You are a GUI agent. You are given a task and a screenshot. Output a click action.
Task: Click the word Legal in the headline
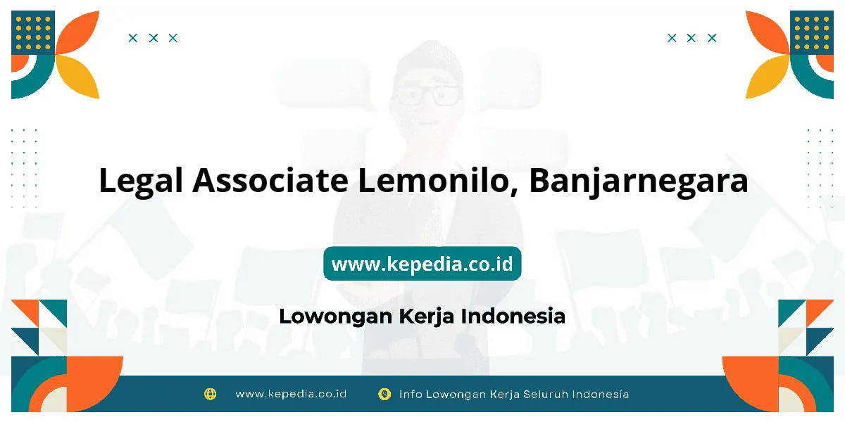(x=141, y=181)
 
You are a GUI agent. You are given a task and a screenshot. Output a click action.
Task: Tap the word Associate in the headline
(x=270, y=180)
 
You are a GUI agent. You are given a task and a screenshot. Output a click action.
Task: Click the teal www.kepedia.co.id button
(x=422, y=263)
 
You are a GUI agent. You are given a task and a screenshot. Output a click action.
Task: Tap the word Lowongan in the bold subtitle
(x=336, y=316)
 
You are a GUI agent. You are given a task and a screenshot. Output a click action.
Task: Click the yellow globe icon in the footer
(x=210, y=394)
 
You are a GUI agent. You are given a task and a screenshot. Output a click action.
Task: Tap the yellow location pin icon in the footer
(x=384, y=394)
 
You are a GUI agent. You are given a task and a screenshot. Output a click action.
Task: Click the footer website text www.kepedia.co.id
(x=291, y=394)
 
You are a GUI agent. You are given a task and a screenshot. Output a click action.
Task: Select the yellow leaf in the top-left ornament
(x=79, y=77)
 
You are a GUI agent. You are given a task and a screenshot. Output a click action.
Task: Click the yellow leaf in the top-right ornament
(x=766, y=77)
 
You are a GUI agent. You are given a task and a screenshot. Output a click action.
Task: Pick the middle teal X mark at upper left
(x=154, y=38)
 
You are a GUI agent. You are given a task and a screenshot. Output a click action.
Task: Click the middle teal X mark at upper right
(x=691, y=38)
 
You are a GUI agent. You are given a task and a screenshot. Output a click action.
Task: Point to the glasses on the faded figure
(x=427, y=96)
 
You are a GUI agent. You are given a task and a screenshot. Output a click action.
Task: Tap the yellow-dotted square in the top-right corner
(x=812, y=32)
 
